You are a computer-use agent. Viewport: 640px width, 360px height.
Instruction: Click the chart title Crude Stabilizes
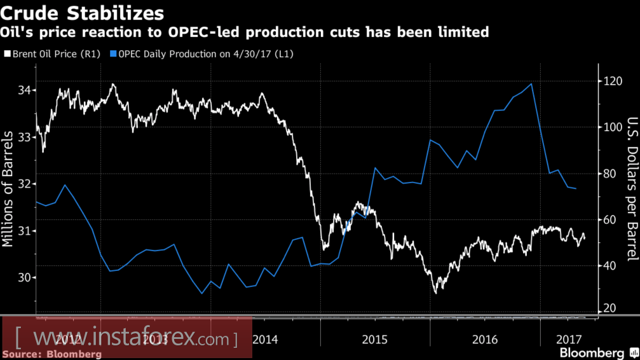tap(83, 12)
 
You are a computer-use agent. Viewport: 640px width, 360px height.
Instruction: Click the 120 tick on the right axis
tap(611, 81)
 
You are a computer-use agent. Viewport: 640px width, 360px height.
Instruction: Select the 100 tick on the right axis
tap(611, 127)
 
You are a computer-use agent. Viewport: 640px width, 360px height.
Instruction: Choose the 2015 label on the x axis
tap(375, 338)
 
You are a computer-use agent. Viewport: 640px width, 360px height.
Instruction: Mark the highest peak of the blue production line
tap(531, 84)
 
